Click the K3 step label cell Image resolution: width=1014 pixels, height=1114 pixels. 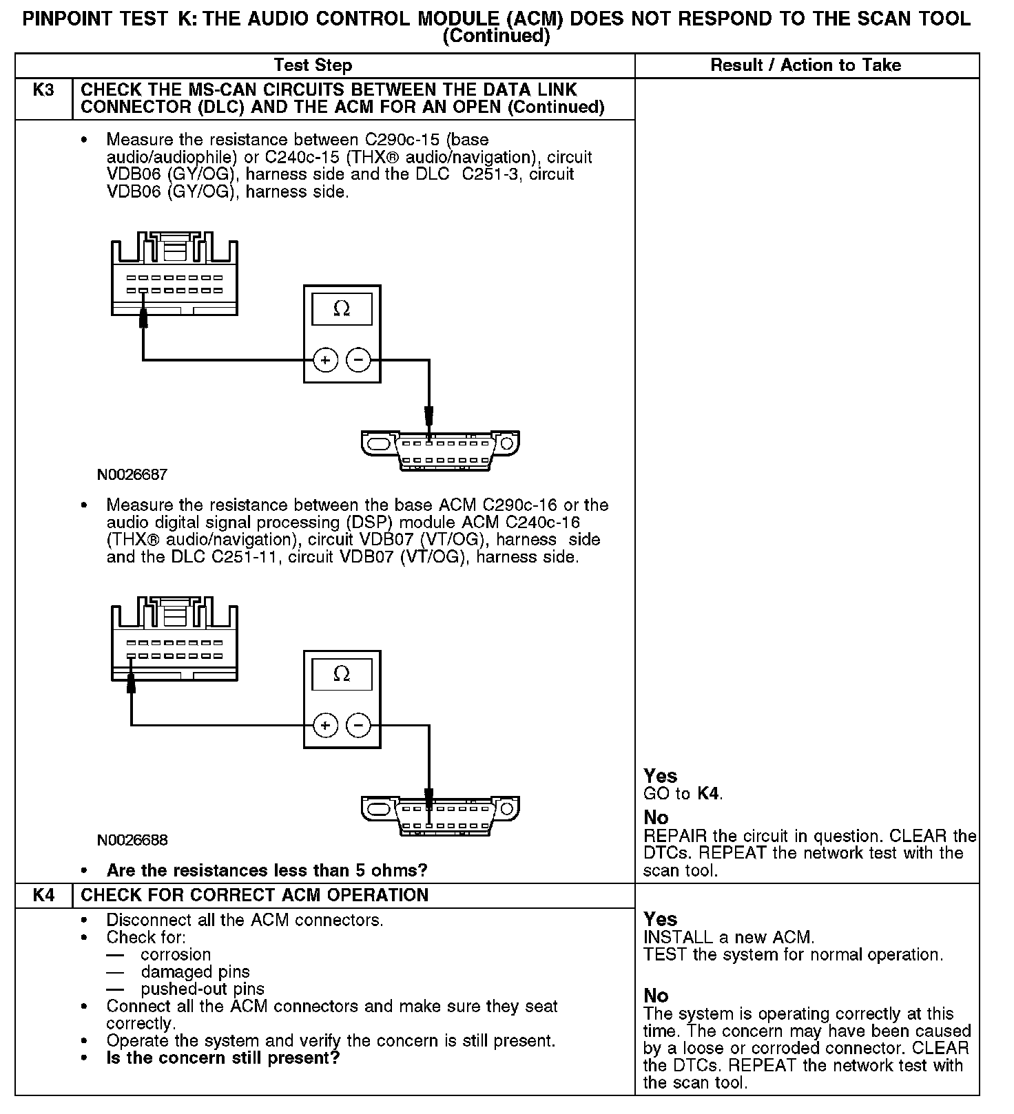coord(43,90)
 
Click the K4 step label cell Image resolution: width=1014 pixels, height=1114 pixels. coord(43,895)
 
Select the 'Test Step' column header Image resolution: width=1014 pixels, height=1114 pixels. coord(313,65)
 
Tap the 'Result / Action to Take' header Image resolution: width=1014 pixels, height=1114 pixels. coord(805,65)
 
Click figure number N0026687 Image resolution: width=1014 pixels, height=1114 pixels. coord(132,474)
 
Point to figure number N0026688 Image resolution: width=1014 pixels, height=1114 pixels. coord(132,840)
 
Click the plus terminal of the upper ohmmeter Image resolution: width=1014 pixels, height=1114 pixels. coord(326,359)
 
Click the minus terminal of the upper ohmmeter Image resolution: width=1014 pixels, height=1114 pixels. coord(358,359)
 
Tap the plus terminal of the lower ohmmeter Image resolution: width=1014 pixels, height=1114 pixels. coord(326,725)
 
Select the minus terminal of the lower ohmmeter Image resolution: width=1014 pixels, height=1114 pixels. coord(358,725)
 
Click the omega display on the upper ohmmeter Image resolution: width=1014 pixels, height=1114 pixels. coord(342,309)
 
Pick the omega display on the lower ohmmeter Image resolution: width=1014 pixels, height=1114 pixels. coord(342,674)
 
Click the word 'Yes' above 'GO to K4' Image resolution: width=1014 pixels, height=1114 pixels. coord(660,776)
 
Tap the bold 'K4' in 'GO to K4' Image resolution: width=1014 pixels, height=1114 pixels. coord(709,794)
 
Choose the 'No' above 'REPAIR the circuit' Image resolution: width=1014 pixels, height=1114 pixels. coord(656,817)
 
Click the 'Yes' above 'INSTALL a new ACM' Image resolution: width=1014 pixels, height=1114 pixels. coord(660,919)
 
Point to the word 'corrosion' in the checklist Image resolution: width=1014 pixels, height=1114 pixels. coord(176,955)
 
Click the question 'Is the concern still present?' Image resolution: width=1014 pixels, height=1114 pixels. coord(223,1058)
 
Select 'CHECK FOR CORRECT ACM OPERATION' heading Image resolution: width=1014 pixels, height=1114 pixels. coord(255,895)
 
